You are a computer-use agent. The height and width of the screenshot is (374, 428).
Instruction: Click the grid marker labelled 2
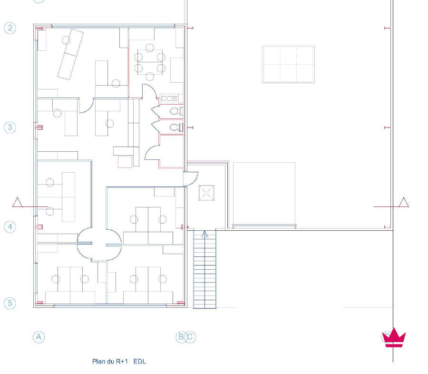pyautogui.click(x=10, y=28)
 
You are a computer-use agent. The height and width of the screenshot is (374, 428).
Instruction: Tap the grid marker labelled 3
pyautogui.click(x=10, y=128)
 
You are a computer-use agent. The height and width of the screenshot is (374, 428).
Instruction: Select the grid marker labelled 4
pyautogui.click(x=10, y=227)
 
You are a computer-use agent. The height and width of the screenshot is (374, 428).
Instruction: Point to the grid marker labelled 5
pyautogui.click(x=10, y=303)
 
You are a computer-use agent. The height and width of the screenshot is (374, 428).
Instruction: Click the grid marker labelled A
pyautogui.click(x=39, y=337)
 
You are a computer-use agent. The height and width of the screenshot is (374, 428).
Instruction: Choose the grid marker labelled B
pyautogui.click(x=181, y=337)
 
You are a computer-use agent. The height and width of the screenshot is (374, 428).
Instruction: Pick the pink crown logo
pyautogui.click(x=394, y=338)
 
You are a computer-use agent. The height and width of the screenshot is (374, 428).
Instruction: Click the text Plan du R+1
pyautogui.click(x=110, y=362)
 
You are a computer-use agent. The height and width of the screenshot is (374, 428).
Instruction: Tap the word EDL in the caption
pyautogui.click(x=140, y=362)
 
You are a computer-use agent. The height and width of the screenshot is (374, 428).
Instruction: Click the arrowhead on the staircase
pyautogui.click(x=204, y=234)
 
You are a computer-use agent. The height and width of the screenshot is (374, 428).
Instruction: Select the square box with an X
pyautogui.click(x=206, y=193)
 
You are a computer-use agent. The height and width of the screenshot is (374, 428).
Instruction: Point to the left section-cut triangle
pyautogui.click(x=18, y=202)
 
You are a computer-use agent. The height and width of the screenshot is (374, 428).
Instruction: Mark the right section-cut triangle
pyautogui.click(x=404, y=202)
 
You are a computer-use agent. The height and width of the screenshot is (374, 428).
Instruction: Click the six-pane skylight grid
pyautogui.click(x=289, y=64)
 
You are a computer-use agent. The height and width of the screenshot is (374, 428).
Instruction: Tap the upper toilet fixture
pyautogui.click(x=176, y=111)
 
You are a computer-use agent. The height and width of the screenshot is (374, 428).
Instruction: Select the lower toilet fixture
pyautogui.click(x=176, y=128)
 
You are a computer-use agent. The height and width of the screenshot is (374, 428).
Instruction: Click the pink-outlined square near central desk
pyautogui.click(x=125, y=162)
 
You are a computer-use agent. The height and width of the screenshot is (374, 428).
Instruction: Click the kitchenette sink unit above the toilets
pyautogui.click(x=169, y=98)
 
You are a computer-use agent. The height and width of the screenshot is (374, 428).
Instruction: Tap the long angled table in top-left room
pyautogui.click(x=70, y=54)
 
